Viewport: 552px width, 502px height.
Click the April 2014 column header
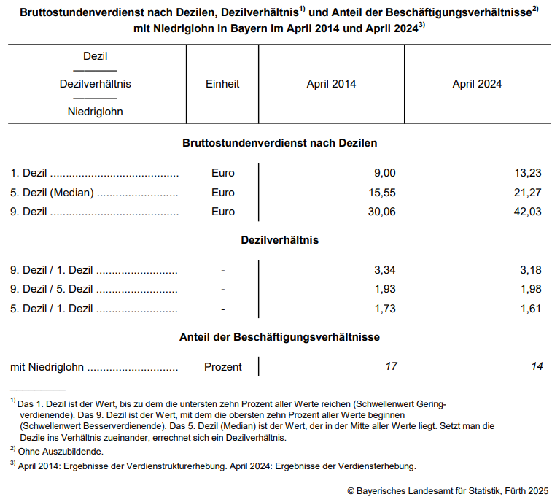pos(331,84)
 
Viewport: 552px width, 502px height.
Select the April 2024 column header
pos(477,84)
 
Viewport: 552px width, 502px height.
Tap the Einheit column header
pos(222,84)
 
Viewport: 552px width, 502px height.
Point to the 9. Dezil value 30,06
pos(381,212)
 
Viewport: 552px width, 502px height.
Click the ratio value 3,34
pos(384,270)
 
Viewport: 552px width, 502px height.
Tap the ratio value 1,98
pos(530,289)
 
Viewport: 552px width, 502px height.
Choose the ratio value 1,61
pos(530,309)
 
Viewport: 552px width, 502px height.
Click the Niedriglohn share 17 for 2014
pos(391,366)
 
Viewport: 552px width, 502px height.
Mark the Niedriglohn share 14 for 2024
pos(537,366)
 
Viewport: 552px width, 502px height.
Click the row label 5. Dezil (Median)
pos(52,193)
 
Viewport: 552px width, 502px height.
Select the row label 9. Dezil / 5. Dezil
pos(52,289)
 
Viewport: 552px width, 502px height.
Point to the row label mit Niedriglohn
pos(47,367)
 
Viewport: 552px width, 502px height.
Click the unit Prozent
pos(222,367)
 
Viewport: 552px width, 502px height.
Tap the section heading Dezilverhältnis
pos(279,240)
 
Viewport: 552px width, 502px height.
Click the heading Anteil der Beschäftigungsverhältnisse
pos(279,337)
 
